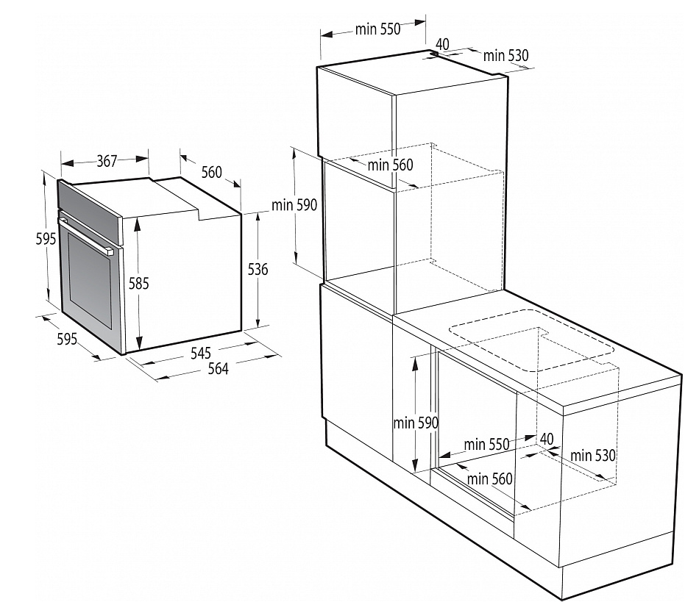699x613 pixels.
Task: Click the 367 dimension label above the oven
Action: point(107,161)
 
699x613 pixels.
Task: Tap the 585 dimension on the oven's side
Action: point(138,283)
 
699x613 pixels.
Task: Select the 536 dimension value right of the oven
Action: point(258,270)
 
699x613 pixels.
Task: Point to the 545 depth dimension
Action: point(200,353)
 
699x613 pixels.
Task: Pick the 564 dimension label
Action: point(217,369)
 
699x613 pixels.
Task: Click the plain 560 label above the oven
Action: point(211,172)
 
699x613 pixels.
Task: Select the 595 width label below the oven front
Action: point(67,340)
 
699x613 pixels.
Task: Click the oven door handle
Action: point(88,235)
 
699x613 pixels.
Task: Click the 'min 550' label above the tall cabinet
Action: point(377,29)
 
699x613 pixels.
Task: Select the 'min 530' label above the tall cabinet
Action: point(506,55)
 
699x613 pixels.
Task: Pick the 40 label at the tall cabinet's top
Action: point(442,43)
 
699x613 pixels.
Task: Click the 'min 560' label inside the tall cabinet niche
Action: point(391,165)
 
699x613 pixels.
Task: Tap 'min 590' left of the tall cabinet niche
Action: point(294,205)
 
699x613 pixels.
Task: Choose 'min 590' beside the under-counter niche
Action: point(416,423)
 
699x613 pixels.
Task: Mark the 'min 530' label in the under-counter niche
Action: point(593,456)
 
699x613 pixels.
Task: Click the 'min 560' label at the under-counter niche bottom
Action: point(489,479)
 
